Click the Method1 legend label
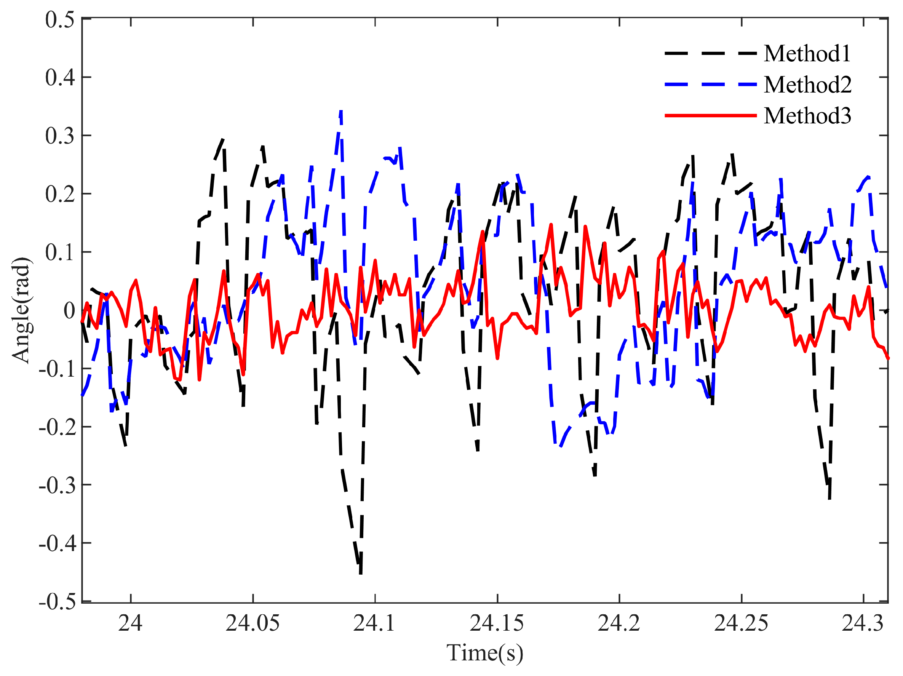tap(807, 53)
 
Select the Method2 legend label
tap(807, 85)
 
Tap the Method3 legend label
tap(807, 115)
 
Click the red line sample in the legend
tap(711, 115)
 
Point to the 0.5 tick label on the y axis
tap(60, 19)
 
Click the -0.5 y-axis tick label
tap(57, 601)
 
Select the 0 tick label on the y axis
tap(69, 310)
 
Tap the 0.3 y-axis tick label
tap(60, 136)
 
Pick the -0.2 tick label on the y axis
tap(57, 427)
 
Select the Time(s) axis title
tap(484, 652)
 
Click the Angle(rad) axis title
tap(21, 310)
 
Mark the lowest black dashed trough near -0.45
tap(360, 573)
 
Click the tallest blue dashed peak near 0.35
tap(341, 111)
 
